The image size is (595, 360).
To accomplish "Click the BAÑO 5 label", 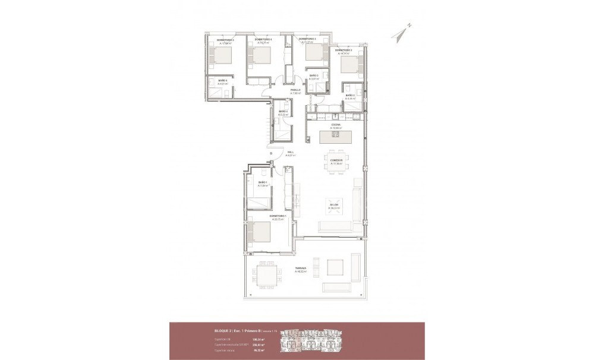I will (223, 80).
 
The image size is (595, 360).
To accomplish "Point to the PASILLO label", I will (295, 90).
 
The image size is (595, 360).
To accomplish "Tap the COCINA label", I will (336, 125).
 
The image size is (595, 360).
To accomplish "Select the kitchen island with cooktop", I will (336, 137).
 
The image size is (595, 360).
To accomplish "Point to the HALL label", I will (291, 153).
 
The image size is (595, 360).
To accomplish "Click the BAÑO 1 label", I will (263, 182).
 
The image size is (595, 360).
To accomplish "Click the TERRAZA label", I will (301, 269).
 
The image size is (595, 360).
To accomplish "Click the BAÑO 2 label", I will (350, 95).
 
